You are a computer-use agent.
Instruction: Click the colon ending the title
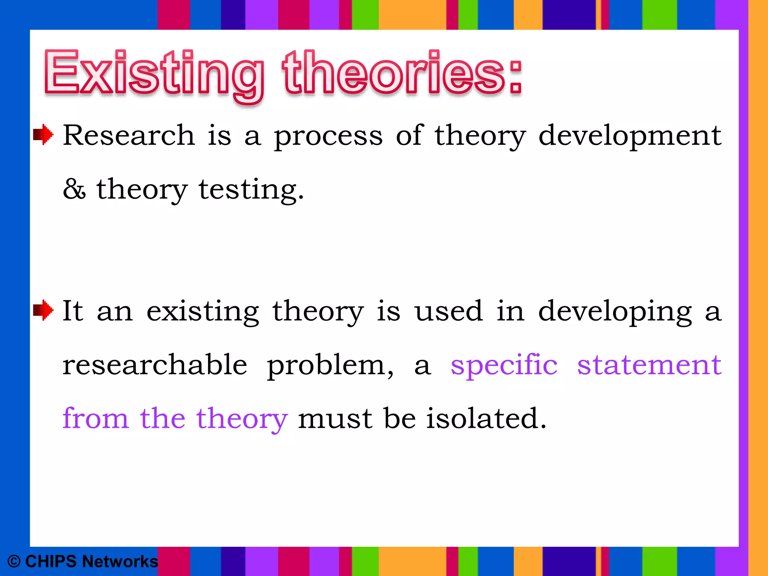tap(516, 77)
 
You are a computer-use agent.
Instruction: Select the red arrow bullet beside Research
tap(43, 134)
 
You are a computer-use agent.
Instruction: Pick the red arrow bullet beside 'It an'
tap(43, 310)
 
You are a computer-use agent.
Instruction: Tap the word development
tap(630, 136)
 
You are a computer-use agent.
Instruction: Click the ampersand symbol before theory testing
tap(74, 189)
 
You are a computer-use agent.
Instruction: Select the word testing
tap(250, 190)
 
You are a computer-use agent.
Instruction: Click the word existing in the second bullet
tap(202, 311)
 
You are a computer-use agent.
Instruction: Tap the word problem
tap(330, 365)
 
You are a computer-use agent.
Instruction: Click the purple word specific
tap(504, 365)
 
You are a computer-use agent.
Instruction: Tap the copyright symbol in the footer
tap(14, 561)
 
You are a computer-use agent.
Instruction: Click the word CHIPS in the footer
tap(51, 561)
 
